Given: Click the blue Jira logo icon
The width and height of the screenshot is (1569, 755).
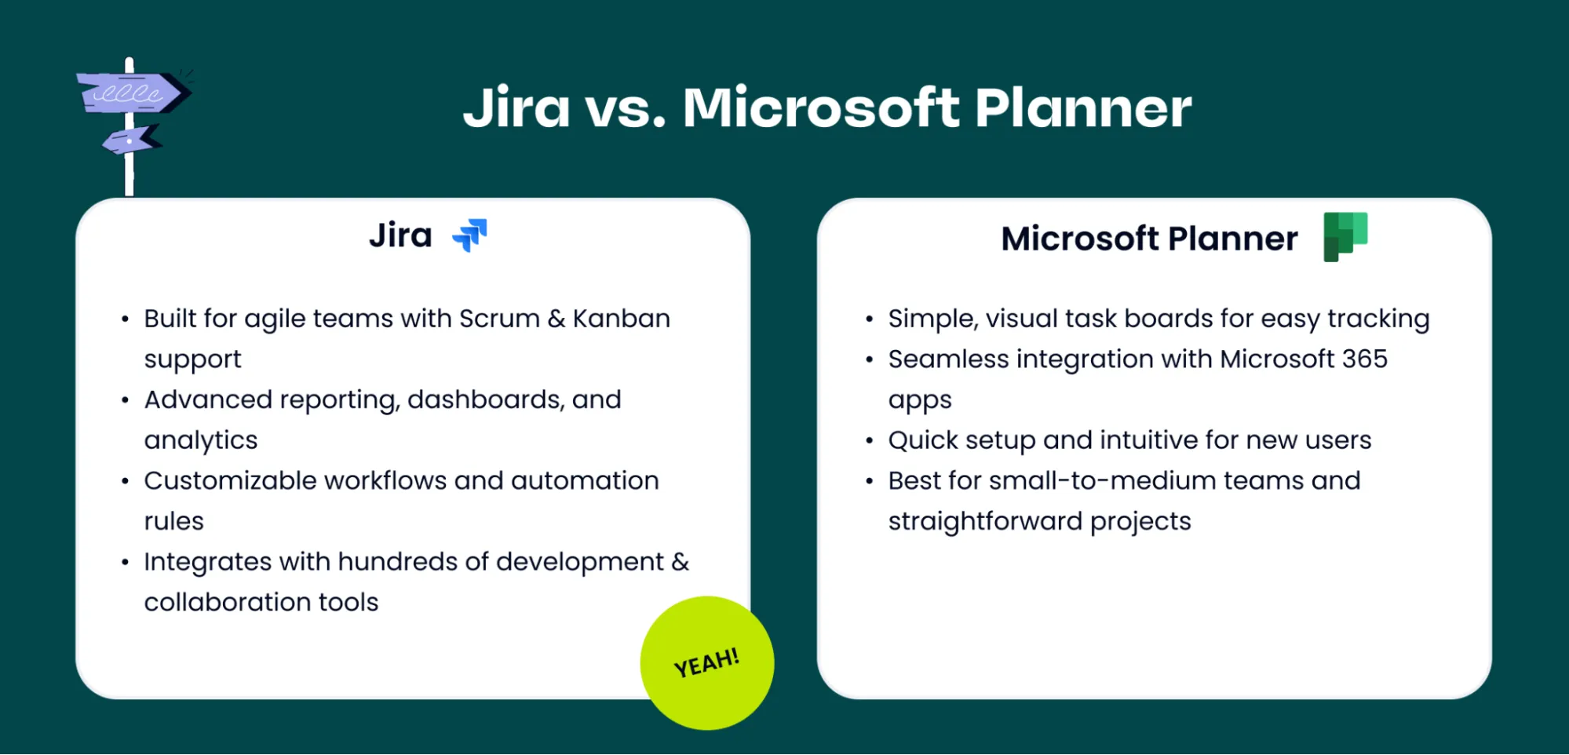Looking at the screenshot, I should [x=470, y=235].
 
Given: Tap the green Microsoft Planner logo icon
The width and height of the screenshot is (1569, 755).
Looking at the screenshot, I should [x=1345, y=236].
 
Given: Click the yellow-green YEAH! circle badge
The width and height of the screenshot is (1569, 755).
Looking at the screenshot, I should [x=706, y=663].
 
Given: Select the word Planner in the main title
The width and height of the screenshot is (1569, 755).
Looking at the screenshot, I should [x=1082, y=108].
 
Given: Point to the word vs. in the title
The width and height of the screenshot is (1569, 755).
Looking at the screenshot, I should [x=625, y=108].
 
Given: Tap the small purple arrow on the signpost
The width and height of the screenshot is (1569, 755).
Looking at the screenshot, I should [x=130, y=141].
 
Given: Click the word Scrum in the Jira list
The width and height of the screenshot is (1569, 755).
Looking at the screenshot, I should [x=499, y=319].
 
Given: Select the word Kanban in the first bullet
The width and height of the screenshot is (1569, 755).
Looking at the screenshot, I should [x=621, y=319].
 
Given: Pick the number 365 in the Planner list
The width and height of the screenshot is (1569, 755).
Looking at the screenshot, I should [x=1364, y=359].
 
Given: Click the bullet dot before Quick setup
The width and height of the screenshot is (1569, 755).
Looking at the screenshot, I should [x=869, y=441].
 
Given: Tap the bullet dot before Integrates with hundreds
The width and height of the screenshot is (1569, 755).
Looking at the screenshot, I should [x=125, y=563].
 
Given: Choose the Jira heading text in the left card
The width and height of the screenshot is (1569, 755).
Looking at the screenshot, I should [x=400, y=235].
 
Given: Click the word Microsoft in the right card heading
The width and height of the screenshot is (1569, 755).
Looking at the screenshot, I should [x=1079, y=239].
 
